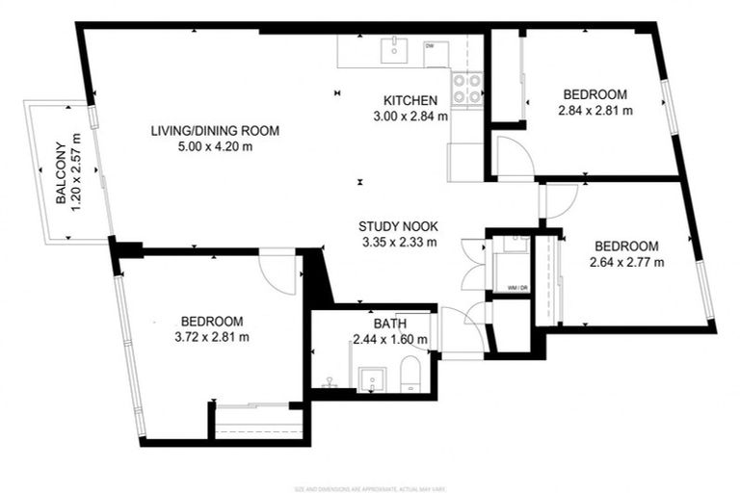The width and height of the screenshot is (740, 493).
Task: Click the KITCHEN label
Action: pyautogui.click(x=411, y=100)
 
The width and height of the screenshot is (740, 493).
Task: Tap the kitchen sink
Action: pyautogui.click(x=395, y=48)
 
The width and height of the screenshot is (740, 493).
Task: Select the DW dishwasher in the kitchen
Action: pyautogui.click(x=430, y=46)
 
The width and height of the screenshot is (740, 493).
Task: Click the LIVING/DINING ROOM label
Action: pyautogui.click(x=215, y=131)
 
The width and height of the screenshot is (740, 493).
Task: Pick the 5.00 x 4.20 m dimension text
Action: pyautogui.click(x=215, y=147)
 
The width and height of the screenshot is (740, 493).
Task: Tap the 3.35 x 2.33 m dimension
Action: pyautogui.click(x=398, y=242)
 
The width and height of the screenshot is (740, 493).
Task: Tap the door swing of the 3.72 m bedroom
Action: pyautogui.click(x=279, y=272)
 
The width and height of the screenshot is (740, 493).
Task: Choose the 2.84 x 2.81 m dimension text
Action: pyautogui.click(x=595, y=111)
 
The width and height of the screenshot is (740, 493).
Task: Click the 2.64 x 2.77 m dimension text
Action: pyautogui.click(x=626, y=261)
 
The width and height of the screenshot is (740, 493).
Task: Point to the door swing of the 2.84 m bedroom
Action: pyautogui.click(x=513, y=155)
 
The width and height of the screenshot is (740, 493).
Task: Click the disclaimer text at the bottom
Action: pyautogui.click(x=370, y=488)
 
